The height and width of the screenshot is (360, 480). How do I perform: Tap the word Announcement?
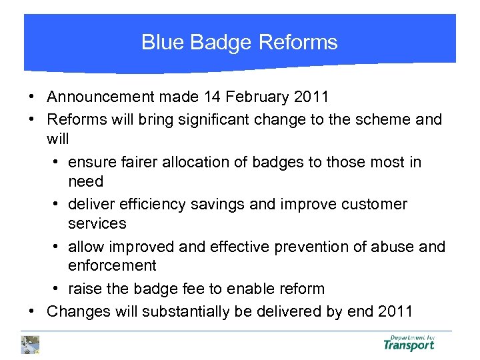(101, 97)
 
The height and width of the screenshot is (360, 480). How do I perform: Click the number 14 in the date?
(213, 97)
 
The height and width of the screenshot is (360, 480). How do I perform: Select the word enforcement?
(112, 265)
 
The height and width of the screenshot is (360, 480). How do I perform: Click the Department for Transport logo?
(409, 343)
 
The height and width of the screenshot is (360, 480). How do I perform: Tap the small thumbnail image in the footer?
(30, 344)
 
